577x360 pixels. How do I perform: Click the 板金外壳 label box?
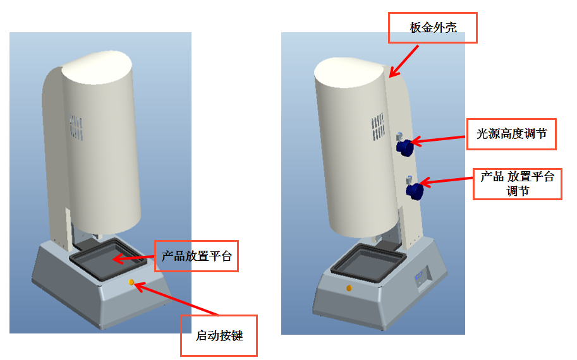(433, 28)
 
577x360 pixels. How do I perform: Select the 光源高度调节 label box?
(511, 134)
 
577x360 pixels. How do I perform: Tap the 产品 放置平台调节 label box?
(517, 184)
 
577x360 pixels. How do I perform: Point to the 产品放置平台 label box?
(197, 256)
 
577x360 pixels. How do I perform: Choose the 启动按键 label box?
(219, 335)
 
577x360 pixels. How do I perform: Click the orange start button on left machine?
(131, 283)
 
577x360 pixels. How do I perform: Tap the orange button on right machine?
(349, 288)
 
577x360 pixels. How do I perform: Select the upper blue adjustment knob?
(404, 148)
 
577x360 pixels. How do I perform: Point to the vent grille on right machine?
(377, 126)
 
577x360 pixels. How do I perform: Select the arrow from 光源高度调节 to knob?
(439, 140)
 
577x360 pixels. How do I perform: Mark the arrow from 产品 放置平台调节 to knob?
(447, 181)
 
